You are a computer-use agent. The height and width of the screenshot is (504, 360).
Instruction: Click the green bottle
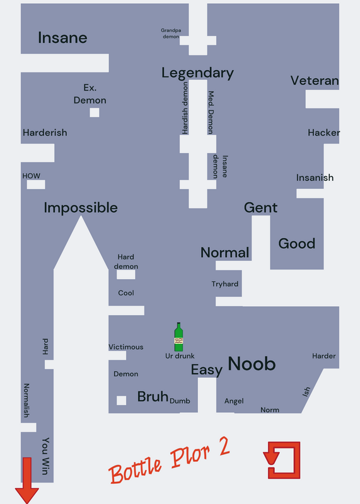(x=178, y=337)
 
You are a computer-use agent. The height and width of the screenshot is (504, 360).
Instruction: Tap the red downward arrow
(x=27, y=480)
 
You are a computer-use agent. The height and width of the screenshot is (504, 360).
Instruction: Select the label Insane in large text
(x=62, y=38)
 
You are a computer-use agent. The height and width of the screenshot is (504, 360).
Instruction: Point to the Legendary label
(x=197, y=73)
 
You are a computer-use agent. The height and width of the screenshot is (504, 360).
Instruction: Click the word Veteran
(x=315, y=81)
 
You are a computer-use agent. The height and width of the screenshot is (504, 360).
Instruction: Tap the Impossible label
(x=81, y=208)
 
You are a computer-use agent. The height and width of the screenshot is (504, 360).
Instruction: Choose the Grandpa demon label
(x=171, y=33)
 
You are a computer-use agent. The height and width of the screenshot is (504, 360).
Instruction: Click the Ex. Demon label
(x=90, y=94)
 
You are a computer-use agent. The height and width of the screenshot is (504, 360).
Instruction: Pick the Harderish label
(x=45, y=132)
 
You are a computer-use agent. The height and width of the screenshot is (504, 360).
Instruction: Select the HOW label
(x=31, y=176)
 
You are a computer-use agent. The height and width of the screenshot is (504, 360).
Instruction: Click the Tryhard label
(x=225, y=284)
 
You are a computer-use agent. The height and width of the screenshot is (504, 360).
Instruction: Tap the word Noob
(x=252, y=364)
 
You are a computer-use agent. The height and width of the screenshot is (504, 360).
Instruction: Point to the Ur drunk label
(x=180, y=356)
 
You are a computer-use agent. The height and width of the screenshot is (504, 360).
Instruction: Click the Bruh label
(x=153, y=396)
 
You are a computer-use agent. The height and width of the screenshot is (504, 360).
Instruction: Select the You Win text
(x=45, y=455)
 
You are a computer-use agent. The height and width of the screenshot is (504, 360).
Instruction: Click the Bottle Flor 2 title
(x=170, y=461)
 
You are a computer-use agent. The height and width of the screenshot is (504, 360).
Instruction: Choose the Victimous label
(x=126, y=347)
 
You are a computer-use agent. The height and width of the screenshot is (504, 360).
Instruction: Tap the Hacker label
(x=323, y=132)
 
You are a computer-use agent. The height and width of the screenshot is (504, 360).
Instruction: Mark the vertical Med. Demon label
(x=211, y=113)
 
